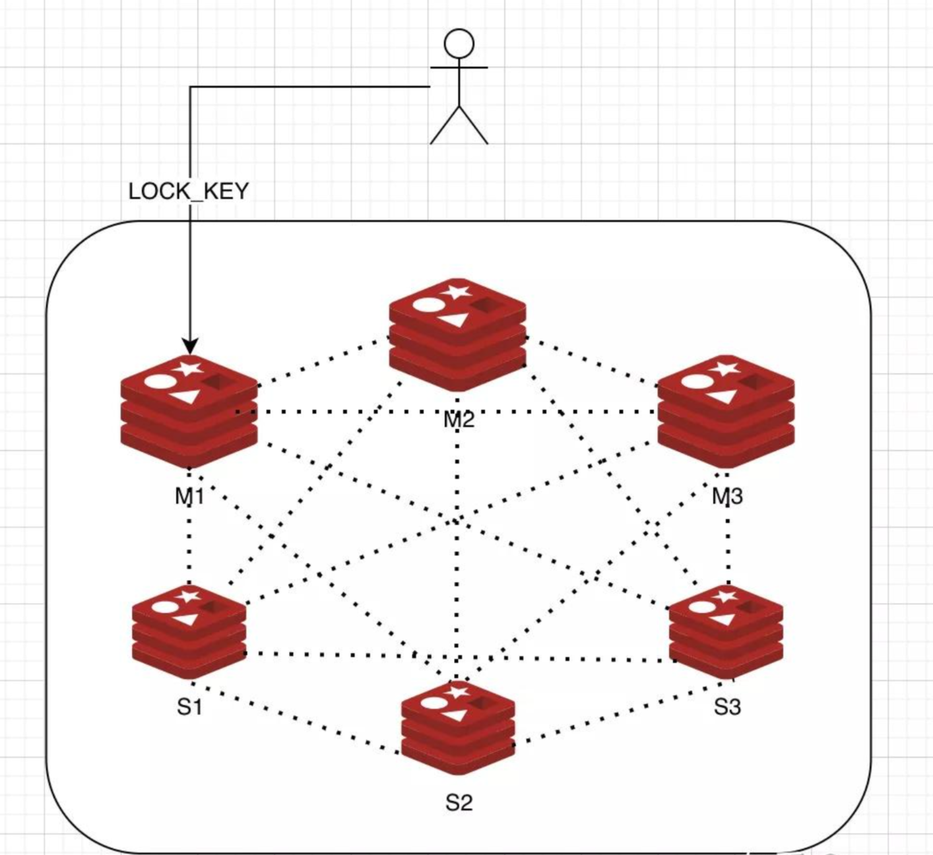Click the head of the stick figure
(x=459, y=44)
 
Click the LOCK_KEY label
(x=189, y=191)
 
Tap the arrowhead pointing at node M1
(x=190, y=346)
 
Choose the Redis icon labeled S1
(x=189, y=631)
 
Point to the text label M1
(x=189, y=496)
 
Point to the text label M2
(x=459, y=419)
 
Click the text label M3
(x=727, y=496)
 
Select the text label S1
(x=189, y=707)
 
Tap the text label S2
(x=459, y=803)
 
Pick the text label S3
(x=727, y=707)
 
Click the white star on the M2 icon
(x=458, y=291)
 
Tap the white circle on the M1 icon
(x=157, y=381)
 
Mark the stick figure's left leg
(x=443, y=127)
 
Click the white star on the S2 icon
(x=457, y=692)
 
